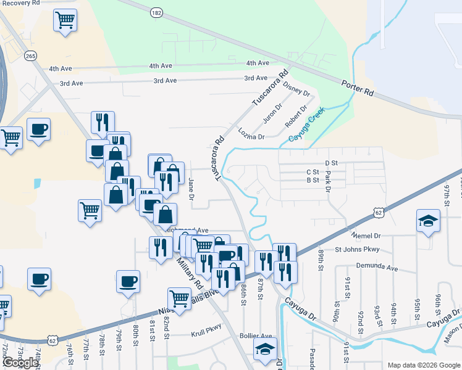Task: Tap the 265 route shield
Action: pos(30,56)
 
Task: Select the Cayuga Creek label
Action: pos(308,126)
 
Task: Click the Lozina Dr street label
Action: pos(251,133)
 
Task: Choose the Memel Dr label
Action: pos(367,236)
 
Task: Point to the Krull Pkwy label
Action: pos(206,327)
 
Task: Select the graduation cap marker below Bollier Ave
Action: pos(265,349)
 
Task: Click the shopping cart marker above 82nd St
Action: pos(179,298)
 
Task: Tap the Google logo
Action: pos(20,363)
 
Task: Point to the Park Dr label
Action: pos(328,184)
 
